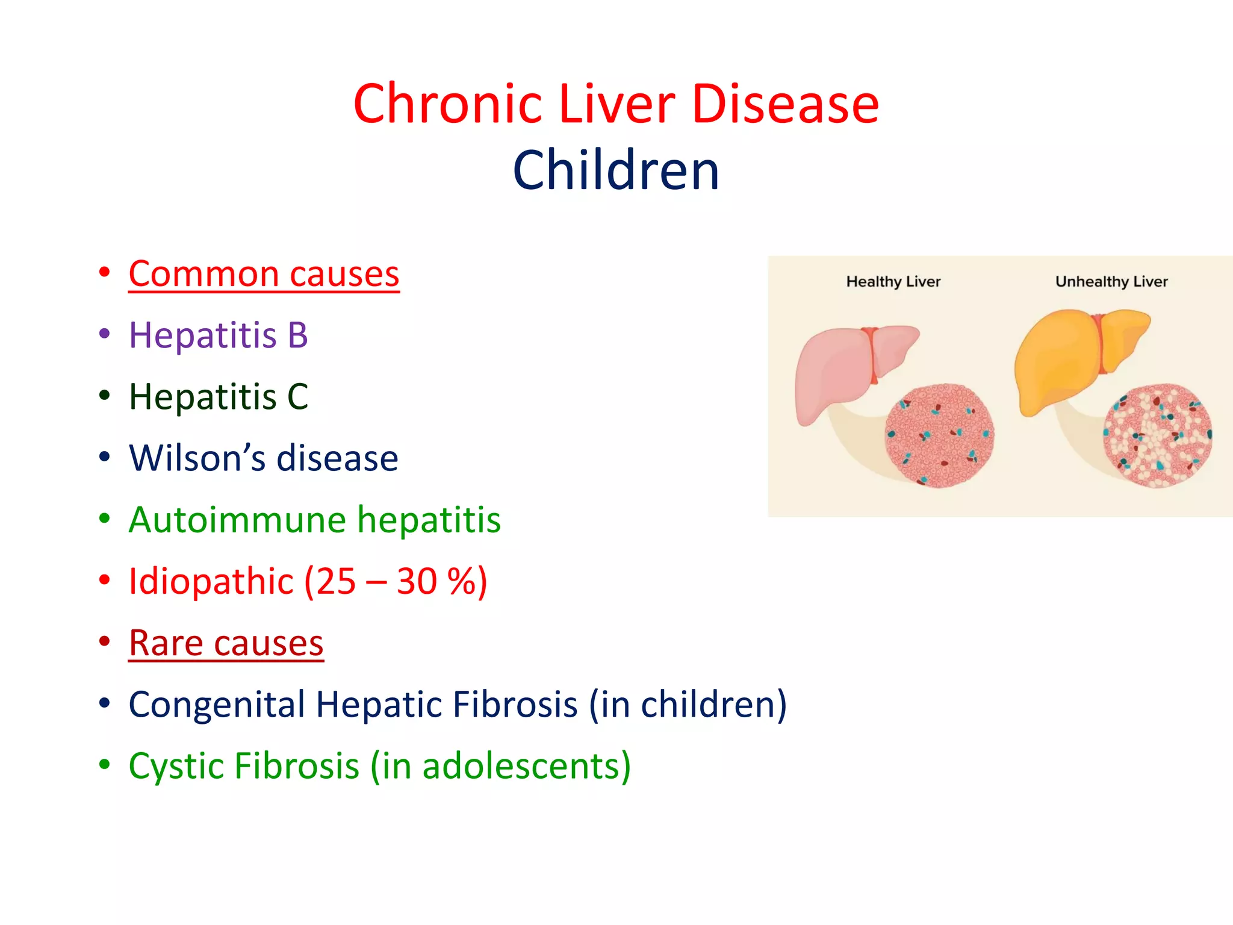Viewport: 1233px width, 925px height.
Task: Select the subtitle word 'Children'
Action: (616, 171)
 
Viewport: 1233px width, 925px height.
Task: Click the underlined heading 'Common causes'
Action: (264, 275)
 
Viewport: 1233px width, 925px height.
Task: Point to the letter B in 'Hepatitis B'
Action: (297, 335)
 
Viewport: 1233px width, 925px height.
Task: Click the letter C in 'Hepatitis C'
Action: (297, 397)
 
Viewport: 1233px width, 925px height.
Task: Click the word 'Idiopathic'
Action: (211, 582)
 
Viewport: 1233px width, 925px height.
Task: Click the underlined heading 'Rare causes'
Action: (226, 643)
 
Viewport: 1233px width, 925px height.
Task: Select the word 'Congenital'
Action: (217, 705)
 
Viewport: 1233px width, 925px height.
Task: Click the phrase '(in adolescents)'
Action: (500, 767)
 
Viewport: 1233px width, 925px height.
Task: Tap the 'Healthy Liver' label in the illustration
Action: (893, 282)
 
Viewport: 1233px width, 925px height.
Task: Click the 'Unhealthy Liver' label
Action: (1111, 282)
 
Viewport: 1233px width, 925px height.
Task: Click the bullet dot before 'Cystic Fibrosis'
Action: (105, 764)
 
